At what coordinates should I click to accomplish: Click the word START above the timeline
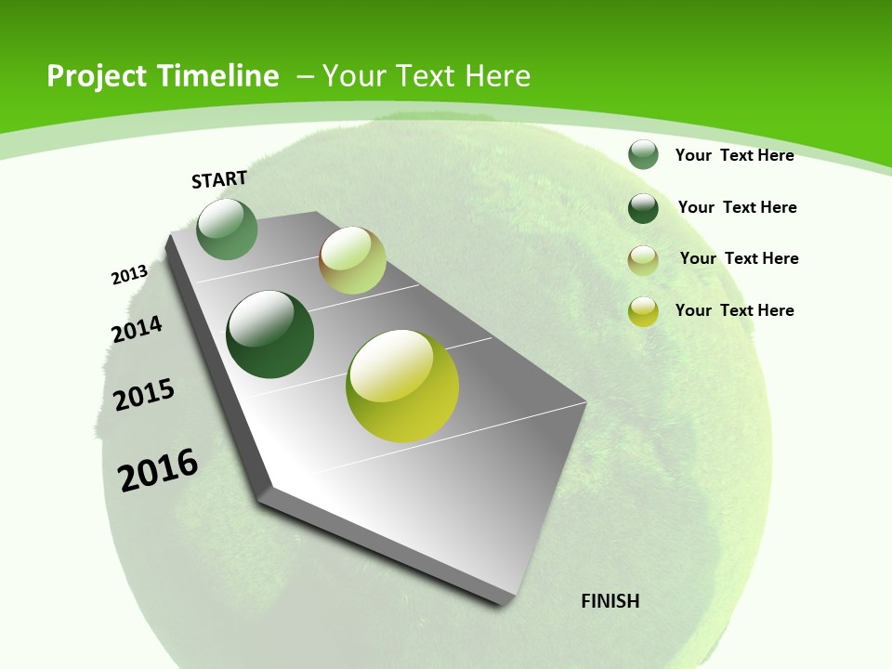[x=219, y=179]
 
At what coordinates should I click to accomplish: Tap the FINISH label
[x=610, y=601]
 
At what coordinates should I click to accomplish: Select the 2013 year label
[x=129, y=275]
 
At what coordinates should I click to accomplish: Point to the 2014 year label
[x=137, y=329]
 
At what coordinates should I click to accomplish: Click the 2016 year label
[x=158, y=470]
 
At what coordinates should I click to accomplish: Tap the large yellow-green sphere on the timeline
[x=402, y=386]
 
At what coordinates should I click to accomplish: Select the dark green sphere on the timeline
[x=270, y=334]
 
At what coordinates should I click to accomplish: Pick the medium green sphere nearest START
[x=227, y=229]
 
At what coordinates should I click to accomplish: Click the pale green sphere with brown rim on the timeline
[x=353, y=260]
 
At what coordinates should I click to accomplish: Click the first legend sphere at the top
[x=643, y=154]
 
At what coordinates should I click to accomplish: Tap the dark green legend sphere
[x=643, y=208]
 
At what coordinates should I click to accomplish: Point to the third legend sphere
[x=643, y=260]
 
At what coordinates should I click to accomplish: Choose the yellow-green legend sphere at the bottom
[x=643, y=311]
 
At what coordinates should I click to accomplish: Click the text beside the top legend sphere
[x=734, y=155]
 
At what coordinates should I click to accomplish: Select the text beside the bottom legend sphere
[x=734, y=310]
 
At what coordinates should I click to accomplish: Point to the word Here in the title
[x=496, y=76]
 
